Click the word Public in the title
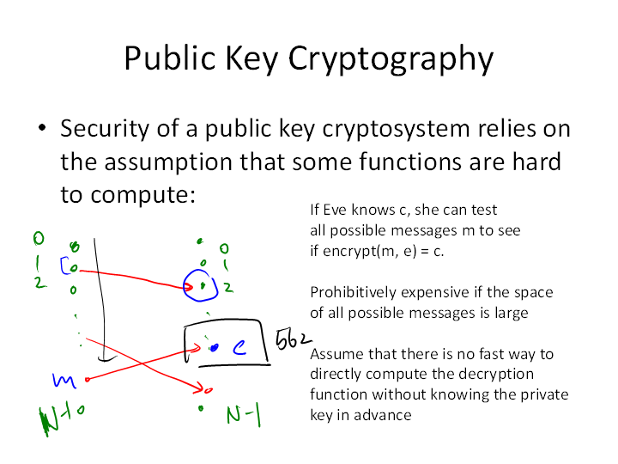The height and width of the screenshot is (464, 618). (x=163, y=58)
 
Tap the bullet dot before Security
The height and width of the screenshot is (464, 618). (x=40, y=130)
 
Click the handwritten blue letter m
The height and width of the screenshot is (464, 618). (x=63, y=379)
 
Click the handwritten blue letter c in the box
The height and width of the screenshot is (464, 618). (x=240, y=346)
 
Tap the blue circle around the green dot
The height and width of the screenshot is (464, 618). (x=202, y=285)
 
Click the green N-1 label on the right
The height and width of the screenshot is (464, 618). (x=244, y=416)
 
